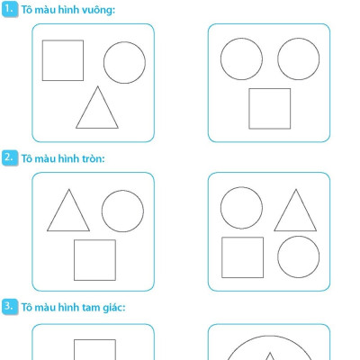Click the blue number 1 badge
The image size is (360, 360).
[x=10, y=9]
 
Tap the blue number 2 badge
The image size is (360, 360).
[x=10, y=157]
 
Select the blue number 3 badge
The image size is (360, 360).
[x=10, y=307]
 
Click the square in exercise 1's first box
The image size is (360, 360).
[x=42, y=60]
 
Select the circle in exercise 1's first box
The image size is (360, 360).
[x=103, y=62]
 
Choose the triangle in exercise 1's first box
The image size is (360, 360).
[x=86, y=107]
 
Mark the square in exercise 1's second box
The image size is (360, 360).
[x=249, y=109]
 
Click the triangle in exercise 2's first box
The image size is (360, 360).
[x=58, y=210]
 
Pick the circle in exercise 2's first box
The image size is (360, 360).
[x=102, y=211]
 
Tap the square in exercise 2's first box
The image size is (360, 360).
[x=74, y=260]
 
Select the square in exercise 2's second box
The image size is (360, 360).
[x=222, y=257]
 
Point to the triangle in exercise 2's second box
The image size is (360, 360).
[x=285, y=210]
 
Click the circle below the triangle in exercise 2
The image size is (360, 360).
[x=278, y=257]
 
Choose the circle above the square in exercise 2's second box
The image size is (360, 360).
[x=220, y=208]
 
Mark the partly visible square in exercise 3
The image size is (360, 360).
[x=74, y=349]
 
